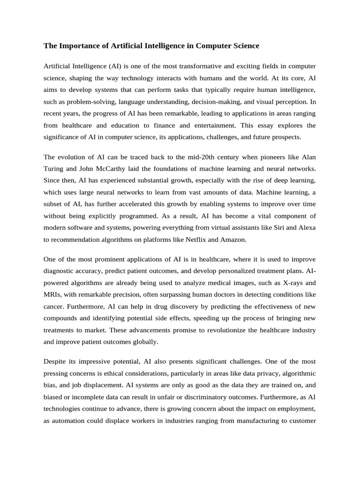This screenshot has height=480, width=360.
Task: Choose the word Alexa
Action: coord(306,227)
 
